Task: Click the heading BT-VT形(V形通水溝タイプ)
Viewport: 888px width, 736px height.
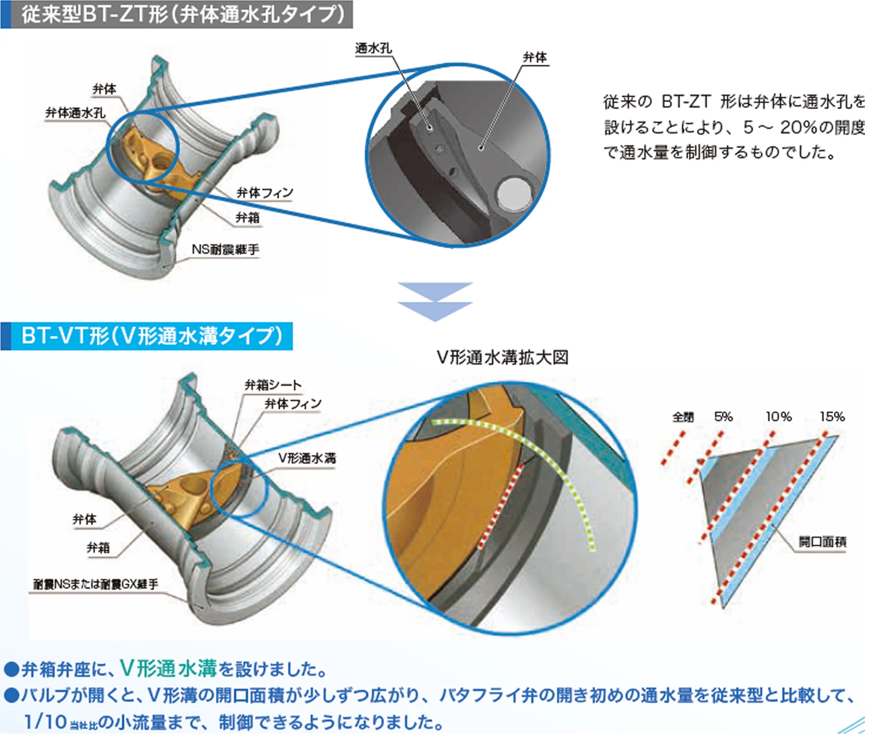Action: [152, 336]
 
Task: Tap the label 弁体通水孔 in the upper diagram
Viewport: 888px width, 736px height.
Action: [75, 113]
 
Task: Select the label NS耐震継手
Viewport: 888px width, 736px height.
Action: [225, 250]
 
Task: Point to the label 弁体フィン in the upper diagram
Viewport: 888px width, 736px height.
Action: [265, 192]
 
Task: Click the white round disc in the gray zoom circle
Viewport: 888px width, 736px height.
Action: [514, 193]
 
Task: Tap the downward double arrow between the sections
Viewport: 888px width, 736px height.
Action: [435, 301]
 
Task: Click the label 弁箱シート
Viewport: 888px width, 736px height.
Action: [273, 385]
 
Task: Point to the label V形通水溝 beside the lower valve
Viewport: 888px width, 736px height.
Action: [307, 458]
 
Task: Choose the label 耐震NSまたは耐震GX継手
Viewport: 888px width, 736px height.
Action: [95, 584]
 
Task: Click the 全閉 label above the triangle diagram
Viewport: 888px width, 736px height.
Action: [683, 417]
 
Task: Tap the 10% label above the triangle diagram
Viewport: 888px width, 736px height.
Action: [778, 417]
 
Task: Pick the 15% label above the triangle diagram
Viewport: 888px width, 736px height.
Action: [832, 417]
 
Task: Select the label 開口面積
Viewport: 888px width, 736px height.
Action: [822, 542]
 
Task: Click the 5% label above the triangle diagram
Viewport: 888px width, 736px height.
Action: [723, 417]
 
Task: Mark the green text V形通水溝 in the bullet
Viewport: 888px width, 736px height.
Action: [168, 668]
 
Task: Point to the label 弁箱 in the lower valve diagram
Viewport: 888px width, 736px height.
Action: [98, 548]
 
